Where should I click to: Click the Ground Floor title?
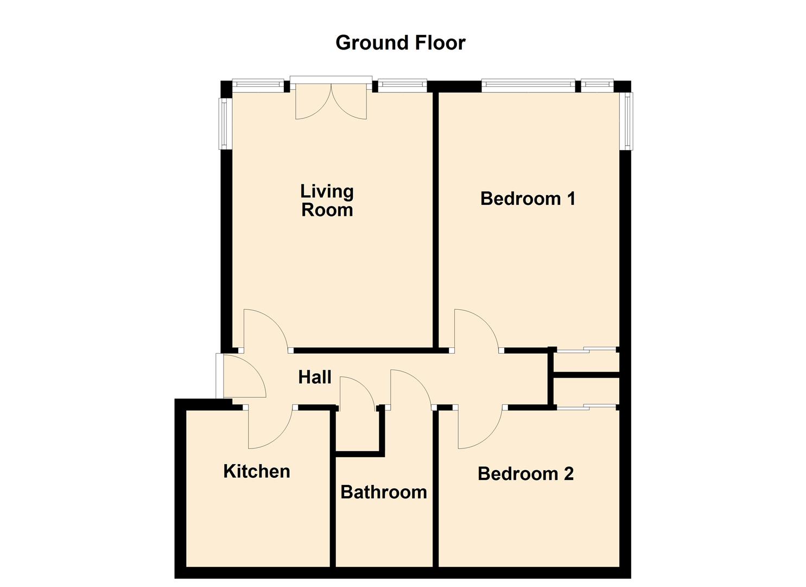pos(400,43)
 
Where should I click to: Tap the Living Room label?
pos(327,201)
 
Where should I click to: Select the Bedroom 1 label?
pos(528,199)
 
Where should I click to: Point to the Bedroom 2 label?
pos(525,474)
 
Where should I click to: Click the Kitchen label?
pos(257,471)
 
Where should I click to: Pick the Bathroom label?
pos(383,492)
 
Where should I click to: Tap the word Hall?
pos(315,377)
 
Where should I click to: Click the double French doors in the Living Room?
pos(331,101)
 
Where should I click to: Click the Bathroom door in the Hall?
pos(408,388)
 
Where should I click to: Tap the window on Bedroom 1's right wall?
pos(628,121)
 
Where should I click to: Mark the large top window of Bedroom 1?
pos(528,84)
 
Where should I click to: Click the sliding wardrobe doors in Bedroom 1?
pos(587,350)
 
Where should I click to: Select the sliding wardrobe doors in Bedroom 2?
pos(587,407)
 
